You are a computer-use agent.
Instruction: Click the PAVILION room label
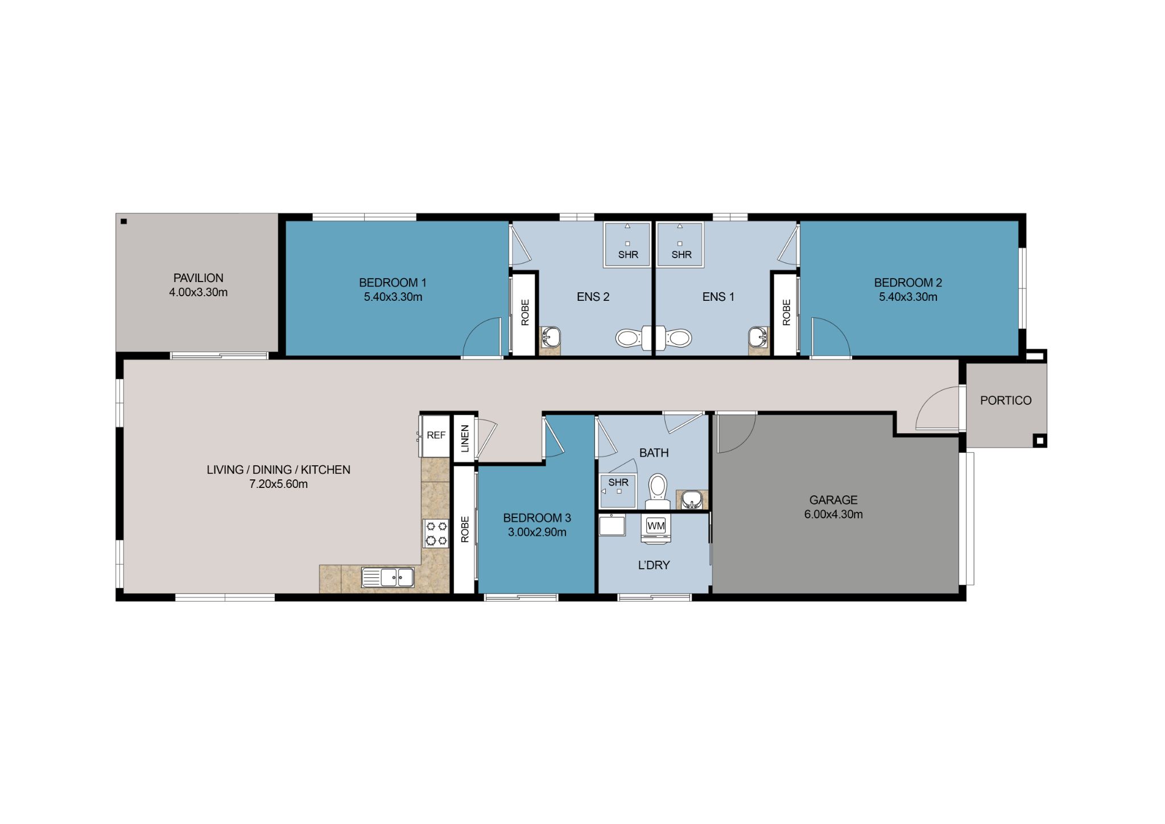click(198, 278)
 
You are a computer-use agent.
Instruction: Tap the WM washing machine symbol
click(656, 526)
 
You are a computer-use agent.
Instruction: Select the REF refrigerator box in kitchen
click(436, 436)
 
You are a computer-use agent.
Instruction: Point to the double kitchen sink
click(388, 577)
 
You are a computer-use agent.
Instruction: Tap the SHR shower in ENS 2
click(627, 245)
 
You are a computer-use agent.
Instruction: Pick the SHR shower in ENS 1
click(680, 245)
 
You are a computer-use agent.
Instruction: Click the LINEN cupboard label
click(465, 438)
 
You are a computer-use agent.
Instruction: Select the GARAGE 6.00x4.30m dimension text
click(833, 515)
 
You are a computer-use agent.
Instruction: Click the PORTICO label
click(1005, 400)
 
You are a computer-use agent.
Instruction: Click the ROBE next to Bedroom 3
click(465, 529)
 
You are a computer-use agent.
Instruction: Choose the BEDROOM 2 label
click(908, 283)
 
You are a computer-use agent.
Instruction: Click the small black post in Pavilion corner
click(123, 222)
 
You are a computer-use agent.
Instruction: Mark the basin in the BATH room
click(692, 500)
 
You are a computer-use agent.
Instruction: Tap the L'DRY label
click(654, 565)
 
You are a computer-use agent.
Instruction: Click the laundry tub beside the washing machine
click(612, 524)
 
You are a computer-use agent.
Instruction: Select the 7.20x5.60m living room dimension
click(278, 485)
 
